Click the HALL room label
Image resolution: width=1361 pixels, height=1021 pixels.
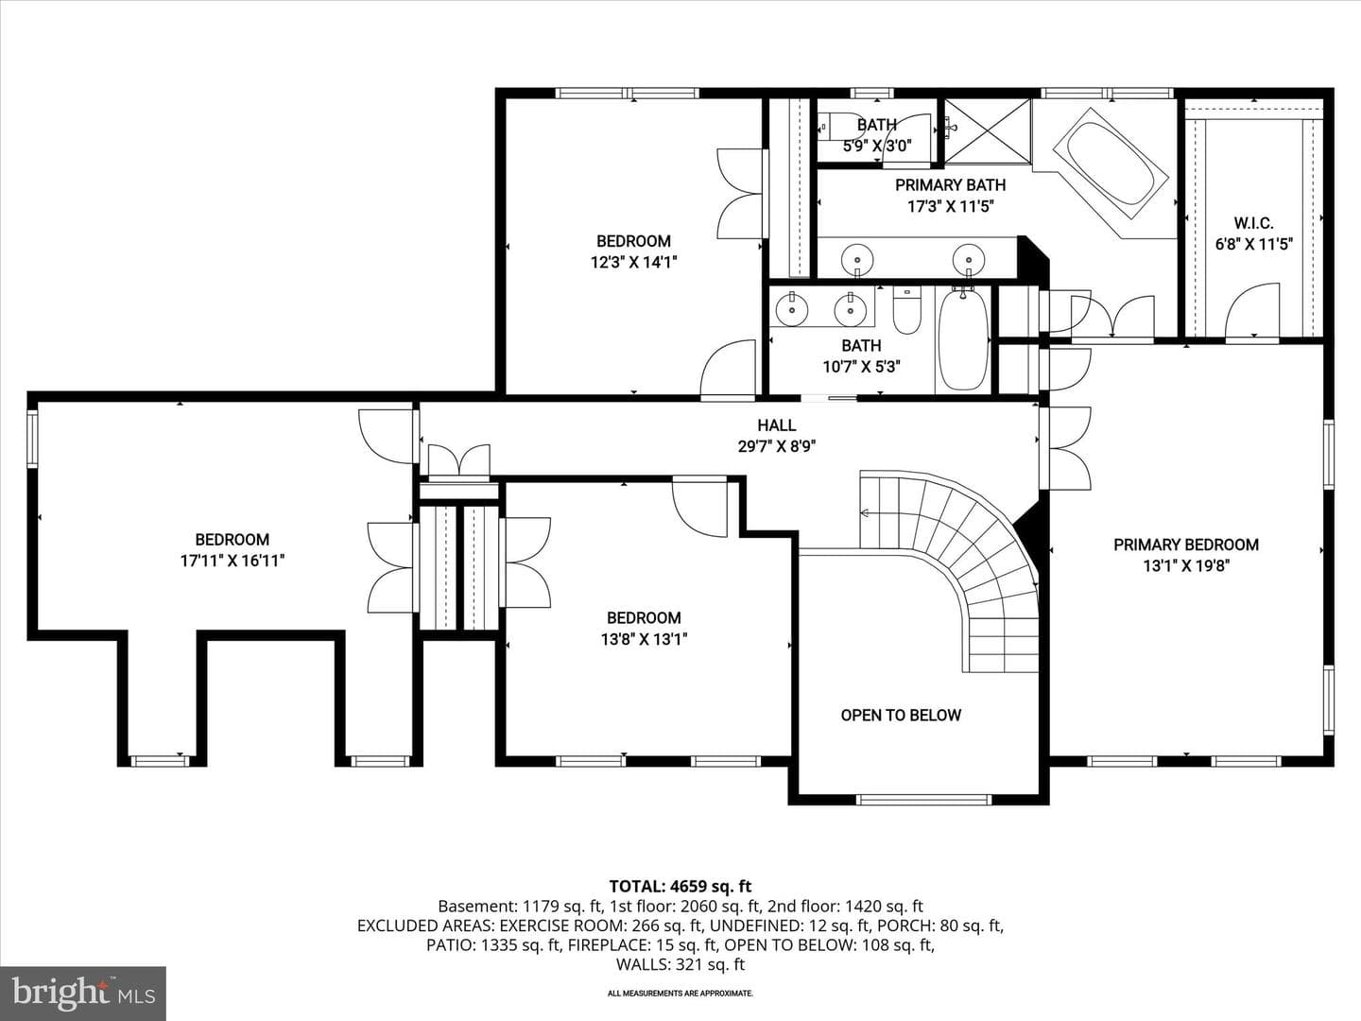coord(776,425)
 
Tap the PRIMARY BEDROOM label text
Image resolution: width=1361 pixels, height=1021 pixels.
coord(1186,545)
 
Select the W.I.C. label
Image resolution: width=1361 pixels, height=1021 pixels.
coord(1254,223)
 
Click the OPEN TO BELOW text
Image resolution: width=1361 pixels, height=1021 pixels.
coord(901,716)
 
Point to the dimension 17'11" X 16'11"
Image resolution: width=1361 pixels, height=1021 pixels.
coord(233,561)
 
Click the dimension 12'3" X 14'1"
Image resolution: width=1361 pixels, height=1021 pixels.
coord(633,262)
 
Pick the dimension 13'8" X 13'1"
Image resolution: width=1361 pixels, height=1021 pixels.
coord(645,639)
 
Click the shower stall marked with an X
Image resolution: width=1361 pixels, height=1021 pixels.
coord(987,131)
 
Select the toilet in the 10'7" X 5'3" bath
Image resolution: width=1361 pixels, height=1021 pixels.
coord(906,309)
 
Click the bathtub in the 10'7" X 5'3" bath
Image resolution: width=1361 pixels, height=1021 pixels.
coord(963,338)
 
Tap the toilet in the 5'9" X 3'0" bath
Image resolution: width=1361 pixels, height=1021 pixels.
coord(834,127)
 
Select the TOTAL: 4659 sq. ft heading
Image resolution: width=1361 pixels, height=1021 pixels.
coord(680,887)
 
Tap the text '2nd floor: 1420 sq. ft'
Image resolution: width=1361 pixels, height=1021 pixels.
coord(845,907)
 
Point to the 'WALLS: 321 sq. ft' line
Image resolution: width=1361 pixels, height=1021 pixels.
coord(680,964)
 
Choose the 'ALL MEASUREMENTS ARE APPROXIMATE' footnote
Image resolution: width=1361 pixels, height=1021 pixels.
coord(680,994)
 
